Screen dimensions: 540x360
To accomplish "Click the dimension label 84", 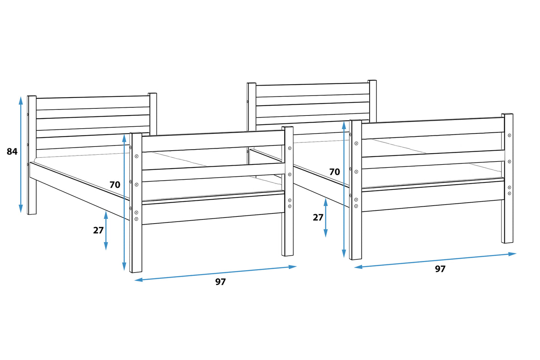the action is (x=12, y=152).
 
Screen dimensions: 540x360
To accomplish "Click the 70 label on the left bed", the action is (x=115, y=185).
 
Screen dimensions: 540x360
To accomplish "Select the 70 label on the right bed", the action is (x=334, y=172).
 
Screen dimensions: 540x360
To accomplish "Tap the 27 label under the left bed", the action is (x=98, y=231).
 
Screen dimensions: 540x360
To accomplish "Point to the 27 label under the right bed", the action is (x=318, y=218).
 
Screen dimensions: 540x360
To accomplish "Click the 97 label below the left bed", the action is (x=220, y=282).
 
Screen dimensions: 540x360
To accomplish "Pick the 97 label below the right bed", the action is (x=440, y=269).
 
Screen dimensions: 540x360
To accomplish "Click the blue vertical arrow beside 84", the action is (x=21, y=154).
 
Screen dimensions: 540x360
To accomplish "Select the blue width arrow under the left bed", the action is (x=215, y=273).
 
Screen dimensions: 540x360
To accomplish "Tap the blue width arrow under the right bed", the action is (x=435, y=261).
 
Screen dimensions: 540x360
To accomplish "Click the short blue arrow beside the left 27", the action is (x=106, y=231).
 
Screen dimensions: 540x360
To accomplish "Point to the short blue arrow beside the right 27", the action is (x=326, y=218).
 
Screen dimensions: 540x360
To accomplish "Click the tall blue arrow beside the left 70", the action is (x=124, y=202).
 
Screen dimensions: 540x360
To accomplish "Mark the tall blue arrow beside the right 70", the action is (x=344, y=190).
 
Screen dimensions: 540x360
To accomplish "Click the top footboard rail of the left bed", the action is (x=213, y=141).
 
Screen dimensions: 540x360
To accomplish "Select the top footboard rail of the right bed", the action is (x=433, y=128).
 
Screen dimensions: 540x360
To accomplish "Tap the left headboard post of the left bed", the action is (x=32, y=155).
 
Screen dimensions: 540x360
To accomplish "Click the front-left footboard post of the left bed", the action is (x=136, y=203).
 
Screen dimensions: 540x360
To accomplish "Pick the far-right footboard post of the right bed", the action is (x=507, y=178).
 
